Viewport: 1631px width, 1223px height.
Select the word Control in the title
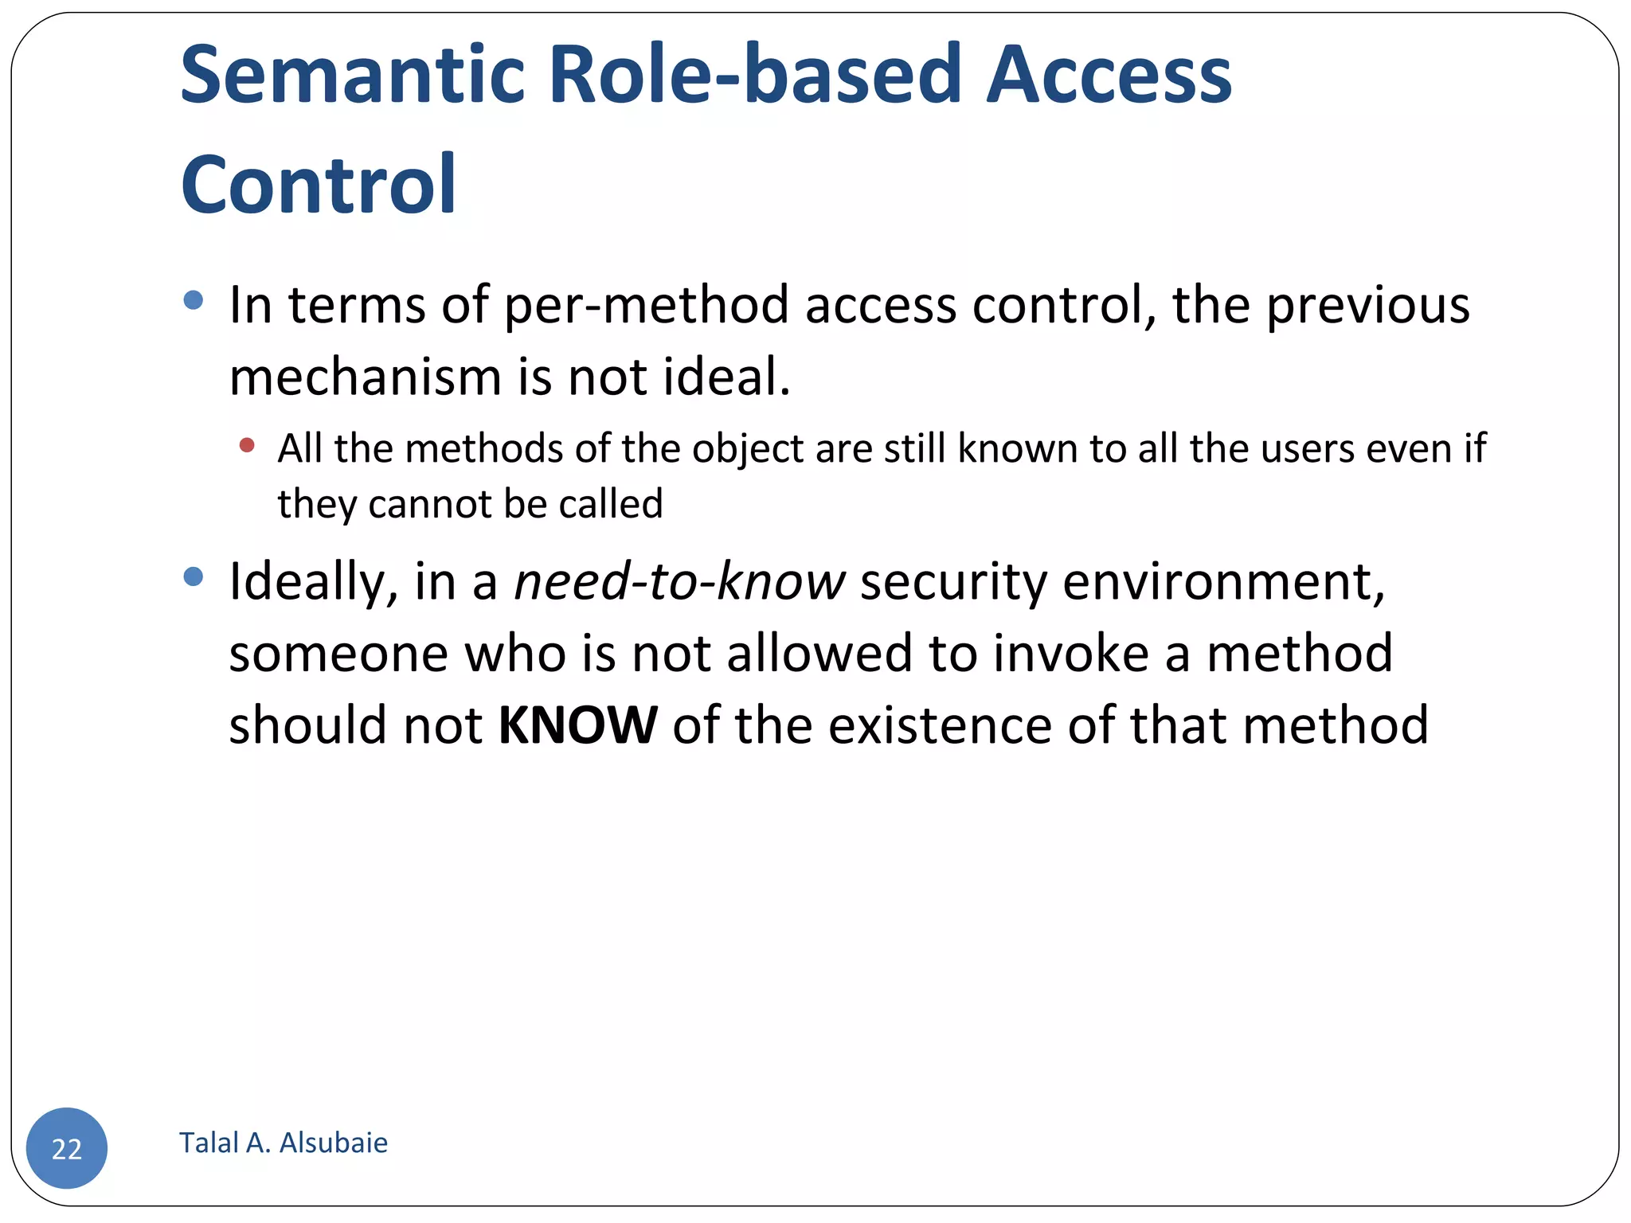tap(319, 185)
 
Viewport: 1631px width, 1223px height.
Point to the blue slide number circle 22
tap(67, 1147)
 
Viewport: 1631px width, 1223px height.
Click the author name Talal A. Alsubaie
tap(284, 1143)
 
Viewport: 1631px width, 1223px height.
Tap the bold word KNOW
tap(577, 725)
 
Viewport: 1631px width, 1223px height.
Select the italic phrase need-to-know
tap(679, 581)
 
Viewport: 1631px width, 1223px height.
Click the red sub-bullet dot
tap(247, 445)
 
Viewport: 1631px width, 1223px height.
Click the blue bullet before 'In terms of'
tap(193, 300)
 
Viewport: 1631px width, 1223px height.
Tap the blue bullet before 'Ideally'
tap(193, 576)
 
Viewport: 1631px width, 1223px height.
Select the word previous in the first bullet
tap(1367, 306)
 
